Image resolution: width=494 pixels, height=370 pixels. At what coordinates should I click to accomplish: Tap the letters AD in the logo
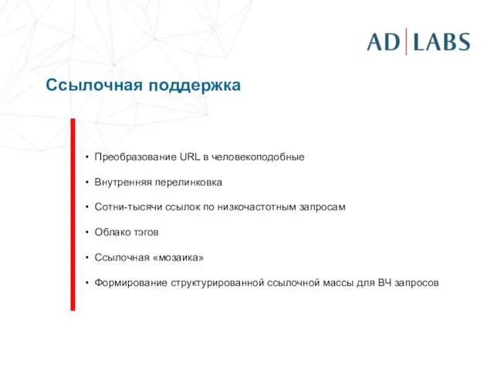384,42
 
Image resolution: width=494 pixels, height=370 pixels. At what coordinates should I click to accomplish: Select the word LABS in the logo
442,42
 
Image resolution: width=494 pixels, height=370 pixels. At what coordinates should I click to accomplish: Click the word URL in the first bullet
190,157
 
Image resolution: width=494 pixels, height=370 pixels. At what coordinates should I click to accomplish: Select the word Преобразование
135,157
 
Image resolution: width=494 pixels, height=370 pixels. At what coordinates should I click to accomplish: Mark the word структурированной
215,283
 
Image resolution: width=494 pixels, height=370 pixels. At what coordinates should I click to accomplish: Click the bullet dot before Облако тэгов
87,233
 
